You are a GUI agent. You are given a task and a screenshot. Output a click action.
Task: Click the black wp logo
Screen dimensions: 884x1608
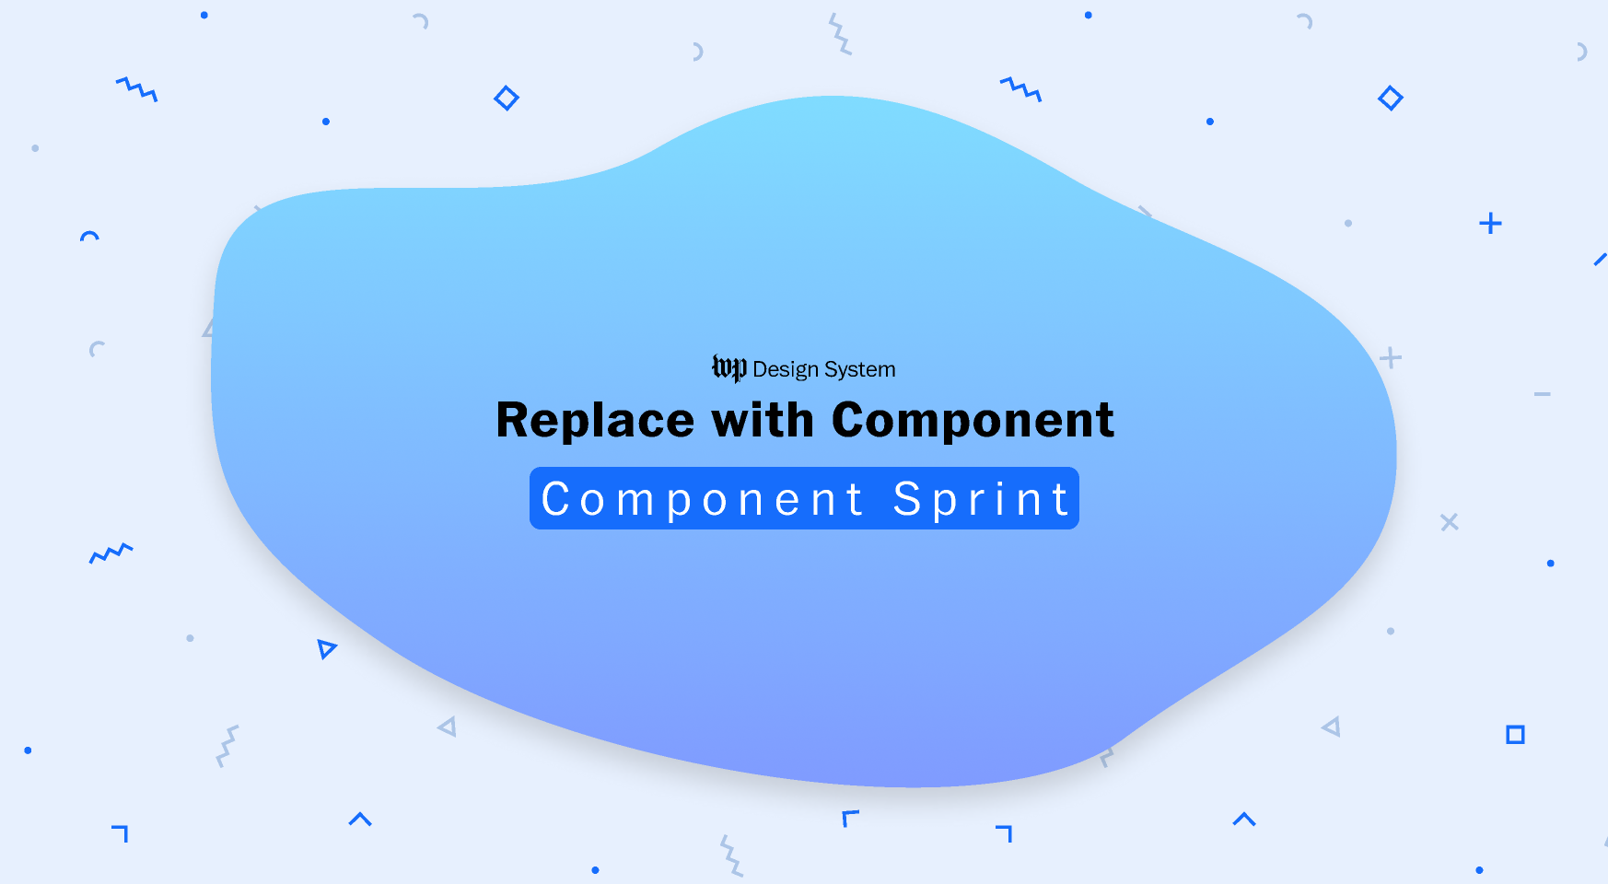(728, 368)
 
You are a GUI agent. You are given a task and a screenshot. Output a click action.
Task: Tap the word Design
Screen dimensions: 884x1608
(786, 369)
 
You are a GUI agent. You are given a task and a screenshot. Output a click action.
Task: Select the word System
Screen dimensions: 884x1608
(860, 369)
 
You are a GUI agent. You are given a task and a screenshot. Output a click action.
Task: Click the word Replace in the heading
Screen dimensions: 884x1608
(595, 421)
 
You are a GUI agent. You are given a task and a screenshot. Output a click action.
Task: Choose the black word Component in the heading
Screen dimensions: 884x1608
(973, 421)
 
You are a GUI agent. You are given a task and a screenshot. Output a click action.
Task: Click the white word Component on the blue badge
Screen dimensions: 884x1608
(703, 499)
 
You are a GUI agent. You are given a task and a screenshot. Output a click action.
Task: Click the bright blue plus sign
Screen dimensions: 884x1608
(1490, 224)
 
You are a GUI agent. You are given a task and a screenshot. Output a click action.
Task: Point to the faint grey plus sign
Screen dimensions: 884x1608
(1391, 358)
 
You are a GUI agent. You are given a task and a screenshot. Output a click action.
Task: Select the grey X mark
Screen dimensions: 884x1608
(1449, 522)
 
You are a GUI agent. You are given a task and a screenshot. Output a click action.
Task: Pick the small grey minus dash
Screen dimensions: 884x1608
(1542, 394)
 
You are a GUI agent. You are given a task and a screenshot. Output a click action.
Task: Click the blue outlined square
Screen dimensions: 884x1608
(1515, 734)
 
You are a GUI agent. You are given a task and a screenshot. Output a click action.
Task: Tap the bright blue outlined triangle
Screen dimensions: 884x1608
(326, 648)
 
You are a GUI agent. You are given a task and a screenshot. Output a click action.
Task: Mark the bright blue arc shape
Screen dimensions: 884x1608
(89, 236)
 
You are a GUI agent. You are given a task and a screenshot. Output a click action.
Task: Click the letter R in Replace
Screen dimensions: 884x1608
(514, 421)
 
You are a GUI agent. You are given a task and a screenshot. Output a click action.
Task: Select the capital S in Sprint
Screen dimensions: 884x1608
(908, 499)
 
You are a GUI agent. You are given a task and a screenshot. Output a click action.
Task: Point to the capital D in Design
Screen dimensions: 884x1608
(761, 369)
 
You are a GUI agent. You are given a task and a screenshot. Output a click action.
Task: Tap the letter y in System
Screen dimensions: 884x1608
(838, 371)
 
